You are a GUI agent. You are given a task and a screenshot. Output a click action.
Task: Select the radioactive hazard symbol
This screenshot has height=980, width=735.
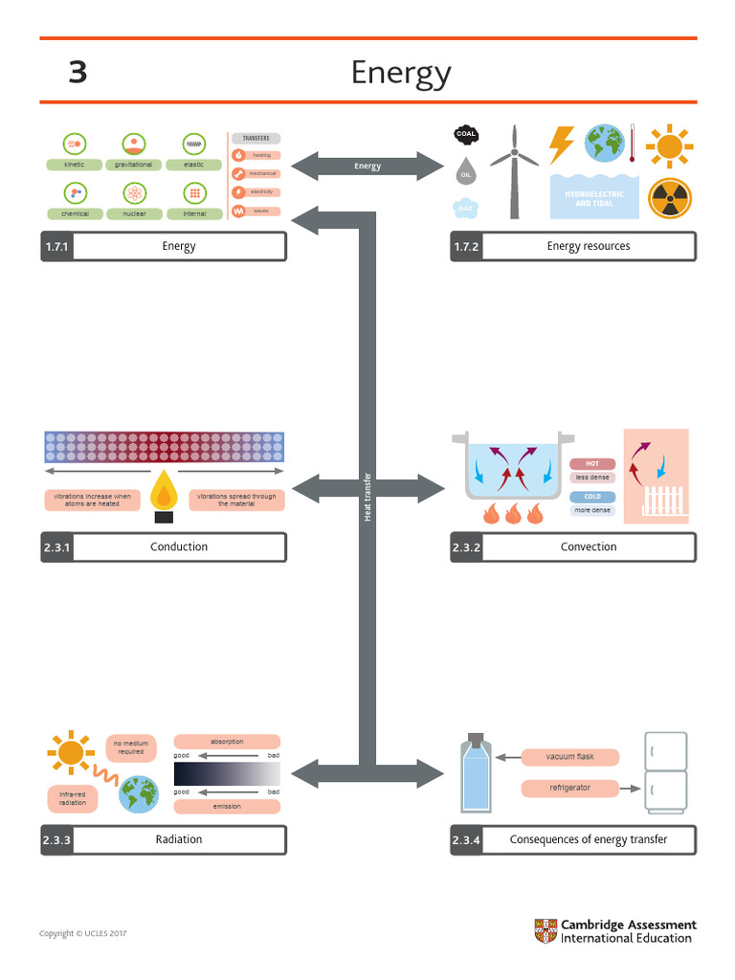tap(669, 198)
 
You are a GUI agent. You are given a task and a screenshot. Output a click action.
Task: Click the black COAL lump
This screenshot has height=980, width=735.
tap(466, 135)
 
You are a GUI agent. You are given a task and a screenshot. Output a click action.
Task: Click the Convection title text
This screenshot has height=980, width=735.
tap(589, 547)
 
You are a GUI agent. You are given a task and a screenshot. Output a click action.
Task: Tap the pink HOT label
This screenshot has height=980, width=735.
tap(592, 464)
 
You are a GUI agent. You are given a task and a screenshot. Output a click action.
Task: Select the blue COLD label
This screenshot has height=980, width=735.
tap(592, 497)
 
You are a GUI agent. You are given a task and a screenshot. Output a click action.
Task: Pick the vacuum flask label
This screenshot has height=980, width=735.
tap(570, 757)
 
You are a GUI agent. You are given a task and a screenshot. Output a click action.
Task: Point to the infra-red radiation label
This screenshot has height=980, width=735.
tap(73, 798)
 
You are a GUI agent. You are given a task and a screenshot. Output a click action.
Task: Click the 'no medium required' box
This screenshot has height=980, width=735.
tap(131, 747)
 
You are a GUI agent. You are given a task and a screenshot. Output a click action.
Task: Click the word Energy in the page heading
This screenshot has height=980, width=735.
tap(401, 73)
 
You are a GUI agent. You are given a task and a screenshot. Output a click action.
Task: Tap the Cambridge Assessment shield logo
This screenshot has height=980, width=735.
tap(545, 931)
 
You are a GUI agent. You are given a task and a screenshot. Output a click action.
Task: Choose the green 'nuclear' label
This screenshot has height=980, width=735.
tap(134, 213)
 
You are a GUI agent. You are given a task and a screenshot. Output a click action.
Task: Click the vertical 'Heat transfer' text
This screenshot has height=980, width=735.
tap(367, 498)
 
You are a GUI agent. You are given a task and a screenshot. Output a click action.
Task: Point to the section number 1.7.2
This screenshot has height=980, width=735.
tap(467, 247)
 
